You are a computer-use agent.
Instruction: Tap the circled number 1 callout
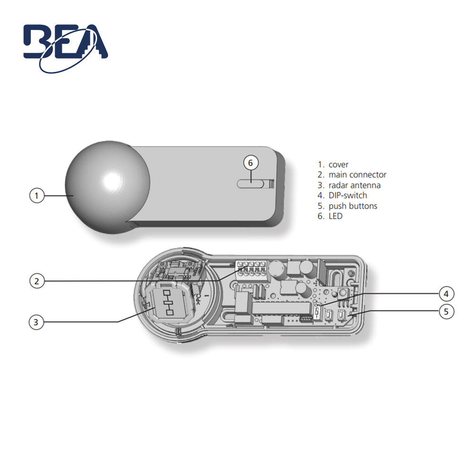point(37,196)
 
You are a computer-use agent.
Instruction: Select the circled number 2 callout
point(37,281)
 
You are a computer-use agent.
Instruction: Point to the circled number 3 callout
point(37,322)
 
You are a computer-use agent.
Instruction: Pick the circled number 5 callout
point(446,312)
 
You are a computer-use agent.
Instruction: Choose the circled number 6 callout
point(251,163)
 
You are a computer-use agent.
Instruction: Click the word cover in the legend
point(338,165)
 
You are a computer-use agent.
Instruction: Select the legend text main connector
point(357,175)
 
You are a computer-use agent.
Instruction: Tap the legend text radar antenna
point(354,185)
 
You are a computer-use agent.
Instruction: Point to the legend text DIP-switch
point(347,196)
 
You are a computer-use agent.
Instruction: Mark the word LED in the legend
point(335,216)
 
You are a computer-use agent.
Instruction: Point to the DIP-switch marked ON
point(318,311)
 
